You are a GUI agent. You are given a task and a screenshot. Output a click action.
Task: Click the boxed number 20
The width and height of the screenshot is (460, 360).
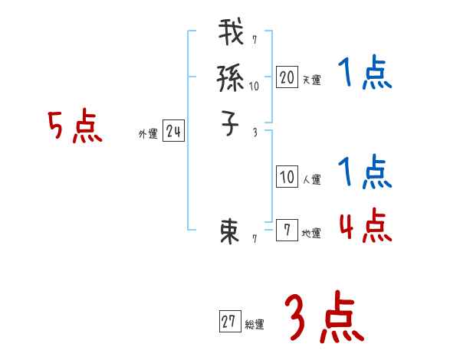click(x=287, y=77)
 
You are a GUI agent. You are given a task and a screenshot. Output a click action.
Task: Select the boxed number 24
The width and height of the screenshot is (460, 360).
click(x=173, y=133)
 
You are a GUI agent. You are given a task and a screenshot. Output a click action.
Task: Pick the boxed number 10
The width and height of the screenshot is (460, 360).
click(x=287, y=178)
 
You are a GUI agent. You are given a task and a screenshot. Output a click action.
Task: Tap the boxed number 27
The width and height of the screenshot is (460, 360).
click(x=229, y=322)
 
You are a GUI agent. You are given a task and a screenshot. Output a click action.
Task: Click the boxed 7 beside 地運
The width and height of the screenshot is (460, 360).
click(x=287, y=230)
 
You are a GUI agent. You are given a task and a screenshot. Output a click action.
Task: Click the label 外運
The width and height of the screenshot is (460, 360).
click(x=148, y=134)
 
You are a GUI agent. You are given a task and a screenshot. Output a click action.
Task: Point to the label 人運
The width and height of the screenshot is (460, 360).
click(x=311, y=180)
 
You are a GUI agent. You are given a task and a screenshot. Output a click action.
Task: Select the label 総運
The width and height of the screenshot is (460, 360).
click(x=255, y=325)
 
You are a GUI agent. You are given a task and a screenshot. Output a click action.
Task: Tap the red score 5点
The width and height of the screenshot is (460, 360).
click(x=76, y=127)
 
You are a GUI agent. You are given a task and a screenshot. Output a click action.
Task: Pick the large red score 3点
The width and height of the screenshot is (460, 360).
click(x=324, y=319)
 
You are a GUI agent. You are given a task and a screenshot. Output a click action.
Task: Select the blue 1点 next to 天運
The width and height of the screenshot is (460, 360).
click(x=364, y=74)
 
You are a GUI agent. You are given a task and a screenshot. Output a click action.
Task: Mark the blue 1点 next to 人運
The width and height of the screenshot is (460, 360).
click(x=364, y=172)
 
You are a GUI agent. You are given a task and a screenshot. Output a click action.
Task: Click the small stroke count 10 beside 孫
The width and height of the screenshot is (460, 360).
click(x=254, y=87)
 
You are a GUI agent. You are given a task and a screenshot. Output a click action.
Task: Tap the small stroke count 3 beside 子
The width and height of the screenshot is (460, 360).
click(x=255, y=133)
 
